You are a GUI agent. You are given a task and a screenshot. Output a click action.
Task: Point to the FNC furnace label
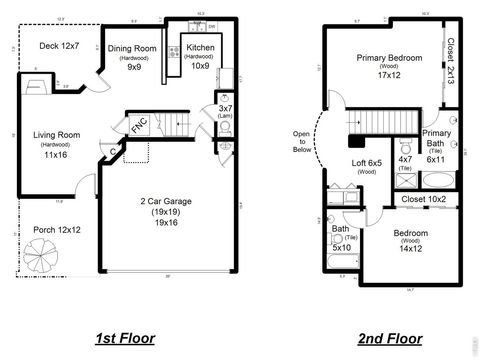pyautogui.click(x=138, y=128)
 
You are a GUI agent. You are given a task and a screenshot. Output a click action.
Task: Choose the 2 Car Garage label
pyautogui.click(x=165, y=213)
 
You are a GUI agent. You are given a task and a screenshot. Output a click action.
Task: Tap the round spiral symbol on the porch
pyautogui.click(x=47, y=263)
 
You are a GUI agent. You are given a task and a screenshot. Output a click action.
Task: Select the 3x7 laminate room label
pyautogui.click(x=225, y=109)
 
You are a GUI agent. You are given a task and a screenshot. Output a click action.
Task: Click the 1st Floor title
pyautogui.click(x=125, y=338)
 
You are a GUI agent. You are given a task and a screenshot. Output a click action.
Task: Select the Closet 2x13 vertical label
pyautogui.click(x=451, y=61)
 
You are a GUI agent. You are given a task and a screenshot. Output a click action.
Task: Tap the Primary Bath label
pyautogui.click(x=436, y=145)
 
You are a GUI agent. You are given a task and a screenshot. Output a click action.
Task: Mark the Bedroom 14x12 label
pyautogui.click(x=410, y=240)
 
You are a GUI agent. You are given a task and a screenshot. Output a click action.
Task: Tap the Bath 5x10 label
pyautogui.click(x=342, y=241)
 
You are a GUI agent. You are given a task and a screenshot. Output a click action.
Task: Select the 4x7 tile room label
pyautogui.click(x=405, y=163)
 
